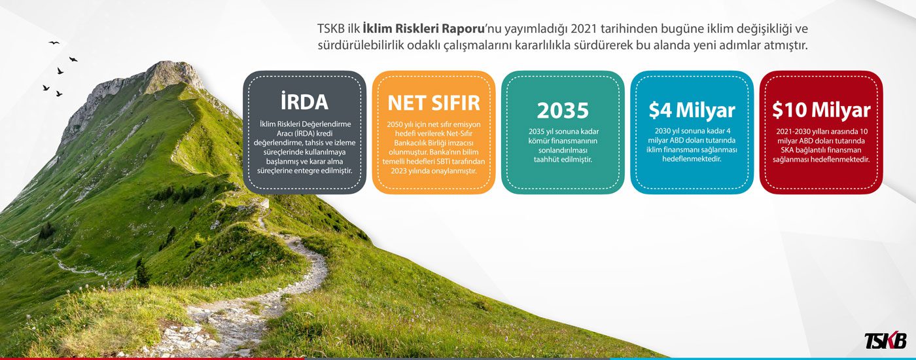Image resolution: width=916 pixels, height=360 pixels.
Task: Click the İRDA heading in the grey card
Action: coord(304,101)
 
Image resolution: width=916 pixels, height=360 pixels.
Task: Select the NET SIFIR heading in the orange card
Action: coord(433,103)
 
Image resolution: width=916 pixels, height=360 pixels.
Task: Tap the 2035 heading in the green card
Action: coord(563,110)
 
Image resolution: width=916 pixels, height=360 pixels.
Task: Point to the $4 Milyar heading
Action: coord(692,110)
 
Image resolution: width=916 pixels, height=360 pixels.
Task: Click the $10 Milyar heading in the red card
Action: coord(821,110)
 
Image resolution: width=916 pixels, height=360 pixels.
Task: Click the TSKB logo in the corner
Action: coord(885,340)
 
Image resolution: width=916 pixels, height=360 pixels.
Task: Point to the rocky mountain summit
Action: coord(171,73)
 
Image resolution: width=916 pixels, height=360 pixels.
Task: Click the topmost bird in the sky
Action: coord(54,43)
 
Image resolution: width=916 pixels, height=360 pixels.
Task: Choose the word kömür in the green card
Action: coord(538,141)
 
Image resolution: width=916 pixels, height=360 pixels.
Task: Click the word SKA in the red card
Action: coord(787,150)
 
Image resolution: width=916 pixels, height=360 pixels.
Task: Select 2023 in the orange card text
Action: coord(398,171)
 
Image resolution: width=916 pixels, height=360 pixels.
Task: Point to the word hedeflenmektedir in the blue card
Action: coord(692,158)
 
